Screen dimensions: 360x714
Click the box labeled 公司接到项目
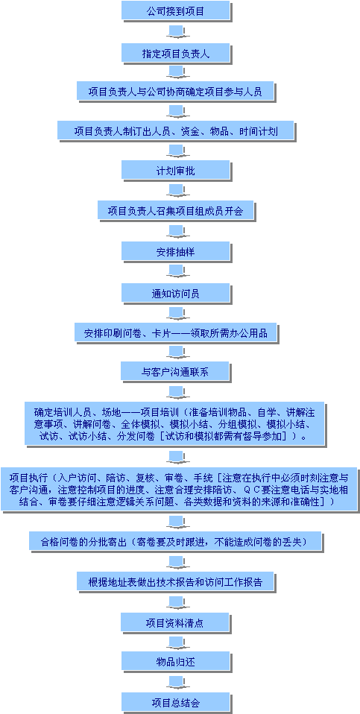tap(176, 10)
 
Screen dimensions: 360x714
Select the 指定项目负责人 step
tap(176, 53)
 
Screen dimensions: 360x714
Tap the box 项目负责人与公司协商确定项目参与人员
tap(176, 91)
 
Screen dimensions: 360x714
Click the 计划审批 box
tap(176, 171)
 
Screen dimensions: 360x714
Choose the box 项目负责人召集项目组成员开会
tap(176, 210)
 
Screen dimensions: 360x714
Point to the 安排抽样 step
tap(176, 251)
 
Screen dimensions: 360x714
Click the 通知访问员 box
tap(176, 293)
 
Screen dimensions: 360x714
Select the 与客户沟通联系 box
tap(175, 371)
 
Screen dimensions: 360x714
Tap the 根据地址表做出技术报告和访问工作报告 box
tap(176, 581)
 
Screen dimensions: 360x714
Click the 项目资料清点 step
tap(175, 622)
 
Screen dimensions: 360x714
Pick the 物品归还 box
tap(176, 661)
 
